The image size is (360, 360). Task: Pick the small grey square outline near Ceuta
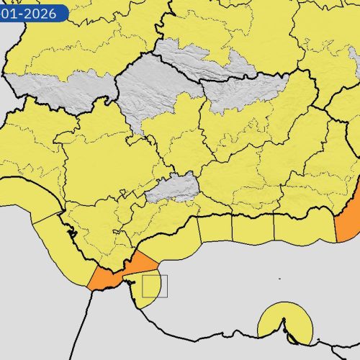click(154, 286)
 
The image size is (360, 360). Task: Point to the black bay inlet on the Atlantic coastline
click(71, 232)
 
